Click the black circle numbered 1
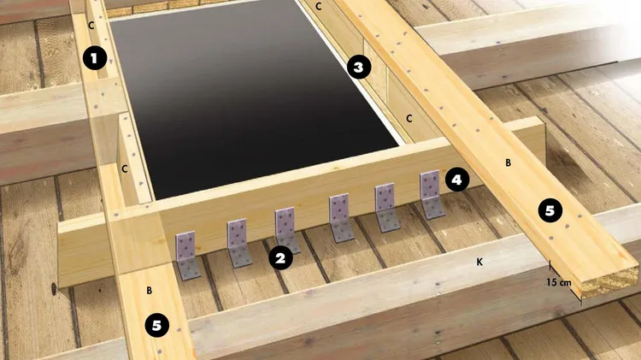click(x=94, y=58)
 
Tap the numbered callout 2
click(x=280, y=258)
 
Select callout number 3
click(x=358, y=67)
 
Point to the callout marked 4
click(x=456, y=180)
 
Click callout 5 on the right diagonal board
click(x=550, y=210)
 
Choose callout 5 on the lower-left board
click(x=157, y=325)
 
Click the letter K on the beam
click(x=479, y=262)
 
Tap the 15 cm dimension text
click(x=559, y=282)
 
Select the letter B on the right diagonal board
click(x=509, y=162)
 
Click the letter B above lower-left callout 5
click(x=150, y=291)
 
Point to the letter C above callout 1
click(x=91, y=26)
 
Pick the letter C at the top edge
click(x=319, y=6)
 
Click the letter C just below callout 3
click(x=409, y=119)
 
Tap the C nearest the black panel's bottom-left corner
click(x=125, y=168)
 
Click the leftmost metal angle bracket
click(x=187, y=256)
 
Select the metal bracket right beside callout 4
click(x=432, y=195)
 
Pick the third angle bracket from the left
click(x=287, y=230)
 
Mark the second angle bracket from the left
click(x=239, y=243)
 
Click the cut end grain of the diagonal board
click(x=609, y=283)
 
